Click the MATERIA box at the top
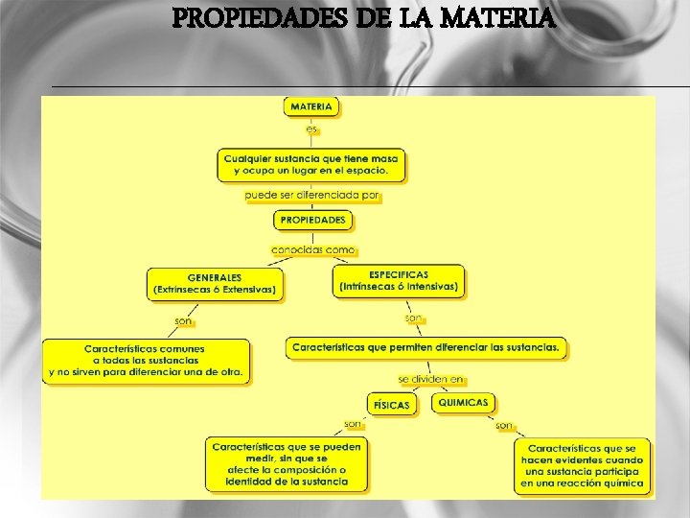tap(311, 106)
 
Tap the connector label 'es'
tap(311, 129)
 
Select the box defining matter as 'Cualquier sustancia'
tap(311, 164)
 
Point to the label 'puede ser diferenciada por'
tap(312, 195)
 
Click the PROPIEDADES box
tap(312, 220)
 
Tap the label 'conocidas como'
tap(312, 249)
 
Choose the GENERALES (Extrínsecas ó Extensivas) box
tap(215, 283)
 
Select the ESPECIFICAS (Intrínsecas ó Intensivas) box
tap(399, 280)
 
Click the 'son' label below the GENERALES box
tap(183, 320)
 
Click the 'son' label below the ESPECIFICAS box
tap(413, 318)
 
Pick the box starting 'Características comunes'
tap(145, 360)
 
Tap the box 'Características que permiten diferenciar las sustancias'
tap(426, 347)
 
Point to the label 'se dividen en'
tap(430, 380)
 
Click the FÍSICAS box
tap(391, 405)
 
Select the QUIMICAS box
tap(463, 403)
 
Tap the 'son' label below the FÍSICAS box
tap(354, 424)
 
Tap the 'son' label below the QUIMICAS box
tap(504, 425)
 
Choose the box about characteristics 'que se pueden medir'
tap(287, 464)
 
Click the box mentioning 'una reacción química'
tap(584, 466)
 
